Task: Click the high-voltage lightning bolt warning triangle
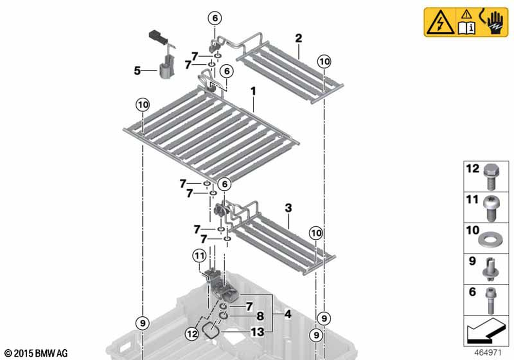click(x=440, y=22)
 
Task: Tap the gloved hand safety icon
click(x=495, y=22)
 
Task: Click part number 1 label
click(x=253, y=91)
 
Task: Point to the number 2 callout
click(x=298, y=39)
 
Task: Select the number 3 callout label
click(x=288, y=208)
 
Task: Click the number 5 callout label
click(x=137, y=70)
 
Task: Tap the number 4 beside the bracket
click(x=288, y=314)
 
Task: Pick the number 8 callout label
click(x=260, y=316)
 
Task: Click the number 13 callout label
click(x=258, y=332)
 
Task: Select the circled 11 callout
click(x=200, y=256)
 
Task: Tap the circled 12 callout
click(x=192, y=334)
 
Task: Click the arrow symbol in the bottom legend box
click(x=485, y=331)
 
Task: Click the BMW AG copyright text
click(x=36, y=353)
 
